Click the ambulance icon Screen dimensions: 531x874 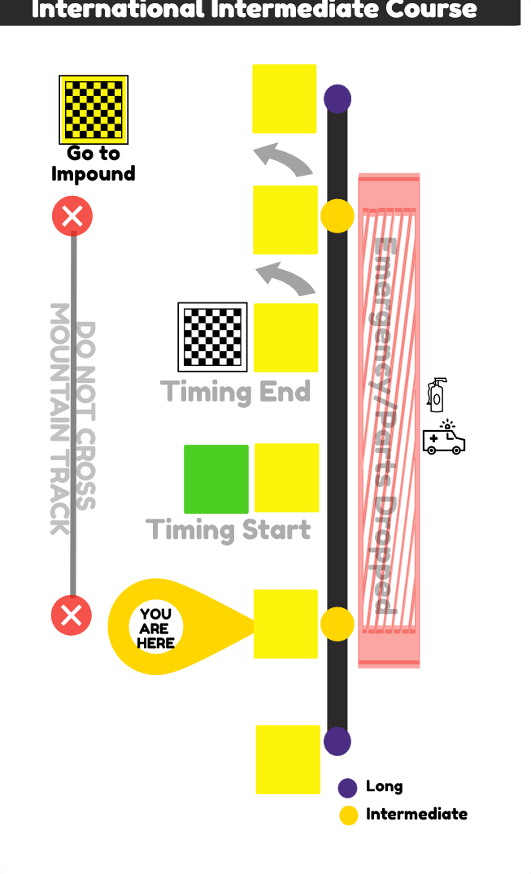point(444,439)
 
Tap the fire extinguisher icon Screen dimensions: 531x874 point(438,395)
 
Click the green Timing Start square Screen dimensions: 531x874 point(216,479)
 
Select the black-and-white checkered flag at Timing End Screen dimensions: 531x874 point(212,337)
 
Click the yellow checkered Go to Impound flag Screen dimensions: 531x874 point(94,110)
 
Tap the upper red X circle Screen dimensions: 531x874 point(72,217)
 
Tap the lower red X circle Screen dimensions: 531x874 point(72,615)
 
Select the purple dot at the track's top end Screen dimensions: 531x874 point(337,99)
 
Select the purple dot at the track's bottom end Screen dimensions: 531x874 point(337,741)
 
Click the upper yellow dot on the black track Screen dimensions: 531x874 point(337,217)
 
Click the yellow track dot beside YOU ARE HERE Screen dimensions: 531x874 point(337,624)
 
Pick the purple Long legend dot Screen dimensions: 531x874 point(348,787)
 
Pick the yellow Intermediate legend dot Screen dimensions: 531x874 point(348,815)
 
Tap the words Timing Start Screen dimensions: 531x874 point(229,530)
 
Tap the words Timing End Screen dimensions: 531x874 point(236,392)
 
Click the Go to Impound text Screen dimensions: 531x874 point(93,163)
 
